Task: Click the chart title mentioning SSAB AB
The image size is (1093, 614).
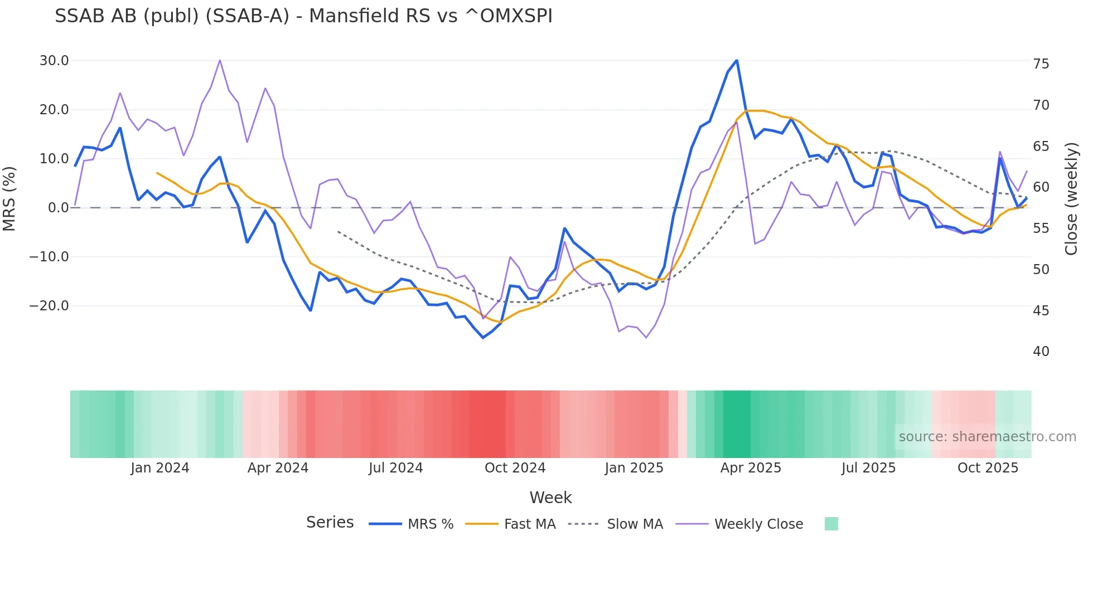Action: click(303, 16)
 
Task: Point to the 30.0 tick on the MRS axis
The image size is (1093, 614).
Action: click(54, 61)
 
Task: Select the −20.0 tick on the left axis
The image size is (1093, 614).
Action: click(49, 306)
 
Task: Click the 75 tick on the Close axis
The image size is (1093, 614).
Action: click(1041, 64)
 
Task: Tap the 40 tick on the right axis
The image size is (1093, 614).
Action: click(1041, 352)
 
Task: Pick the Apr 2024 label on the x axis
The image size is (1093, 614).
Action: click(278, 468)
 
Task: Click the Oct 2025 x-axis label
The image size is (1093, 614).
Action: click(988, 468)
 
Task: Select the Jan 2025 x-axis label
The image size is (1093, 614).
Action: click(634, 468)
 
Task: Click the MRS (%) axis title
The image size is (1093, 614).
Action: click(9, 198)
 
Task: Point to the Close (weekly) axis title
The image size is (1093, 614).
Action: click(1071, 199)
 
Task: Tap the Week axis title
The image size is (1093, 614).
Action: click(550, 498)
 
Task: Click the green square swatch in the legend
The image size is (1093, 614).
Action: click(831, 524)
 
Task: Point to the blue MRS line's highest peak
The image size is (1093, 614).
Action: click(737, 60)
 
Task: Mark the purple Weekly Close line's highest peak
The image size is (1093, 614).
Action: click(220, 60)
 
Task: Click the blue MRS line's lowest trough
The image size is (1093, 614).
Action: click(483, 338)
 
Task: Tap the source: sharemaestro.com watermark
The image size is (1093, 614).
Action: click(987, 437)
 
